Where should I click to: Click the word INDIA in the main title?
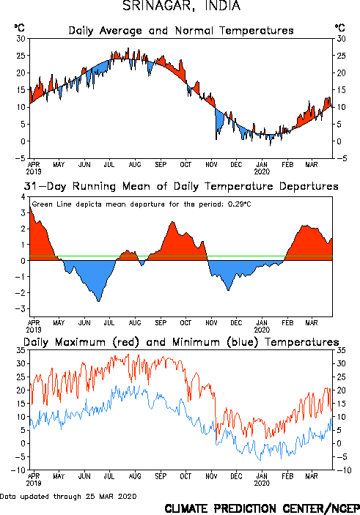[223, 6]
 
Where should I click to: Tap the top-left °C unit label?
[19, 28]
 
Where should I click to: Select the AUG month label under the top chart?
[135, 164]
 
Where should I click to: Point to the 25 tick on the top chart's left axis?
[21, 56]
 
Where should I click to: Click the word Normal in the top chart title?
[194, 31]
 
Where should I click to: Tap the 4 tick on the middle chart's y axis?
[23, 197]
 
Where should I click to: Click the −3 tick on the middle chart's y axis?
[21, 308]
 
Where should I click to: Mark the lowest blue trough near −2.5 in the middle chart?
[98, 301]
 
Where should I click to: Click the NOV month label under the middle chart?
[211, 323]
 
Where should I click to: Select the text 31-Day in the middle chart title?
[45, 187]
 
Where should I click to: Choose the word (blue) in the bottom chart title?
[243, 342]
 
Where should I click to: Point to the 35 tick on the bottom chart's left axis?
[21, 350]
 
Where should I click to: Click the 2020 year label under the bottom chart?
[262, 483]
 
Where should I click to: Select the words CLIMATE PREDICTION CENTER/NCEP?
[262, 508]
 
